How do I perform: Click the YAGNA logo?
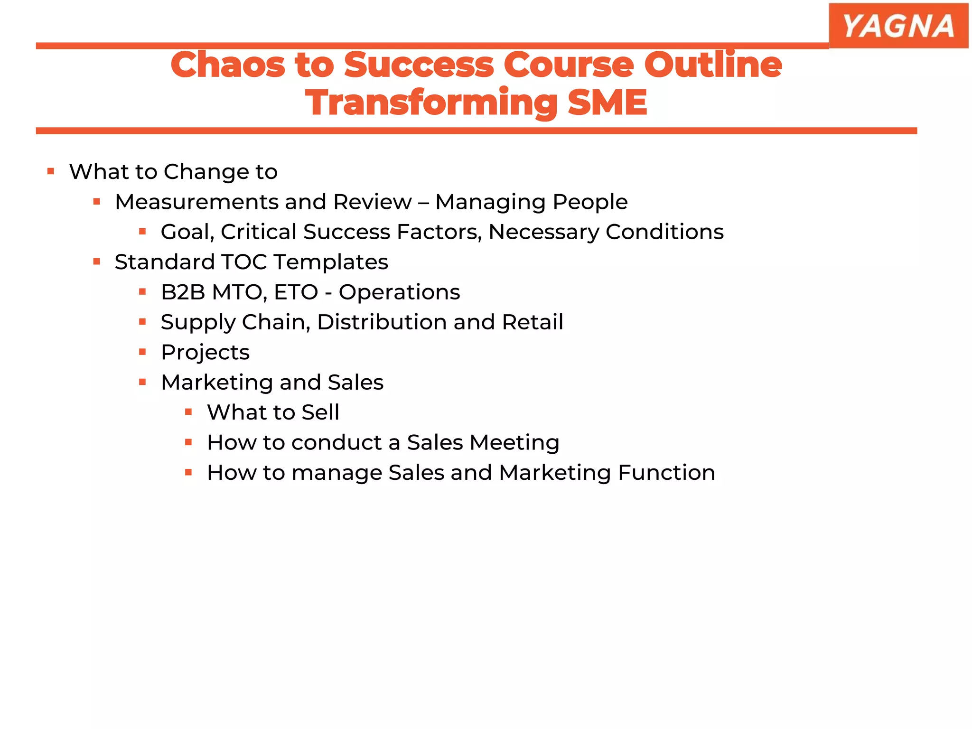(x=898, y=26)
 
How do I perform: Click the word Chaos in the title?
(x=227, y=65)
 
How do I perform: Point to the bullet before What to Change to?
(x=51, y=171)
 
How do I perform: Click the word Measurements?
(x=197, y=202)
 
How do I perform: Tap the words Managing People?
(x=531, y=202)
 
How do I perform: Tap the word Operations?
(x=399, y=292)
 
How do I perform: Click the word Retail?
(x=532, y=322)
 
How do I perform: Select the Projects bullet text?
(x=205, y=352)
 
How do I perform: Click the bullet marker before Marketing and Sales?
(x=142, y=382)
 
